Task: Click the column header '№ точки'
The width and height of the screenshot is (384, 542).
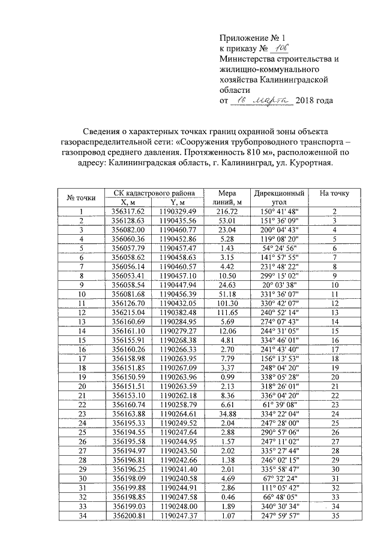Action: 81,197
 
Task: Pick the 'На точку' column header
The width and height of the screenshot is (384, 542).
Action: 334,193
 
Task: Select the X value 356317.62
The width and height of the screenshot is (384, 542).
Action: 129,211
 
